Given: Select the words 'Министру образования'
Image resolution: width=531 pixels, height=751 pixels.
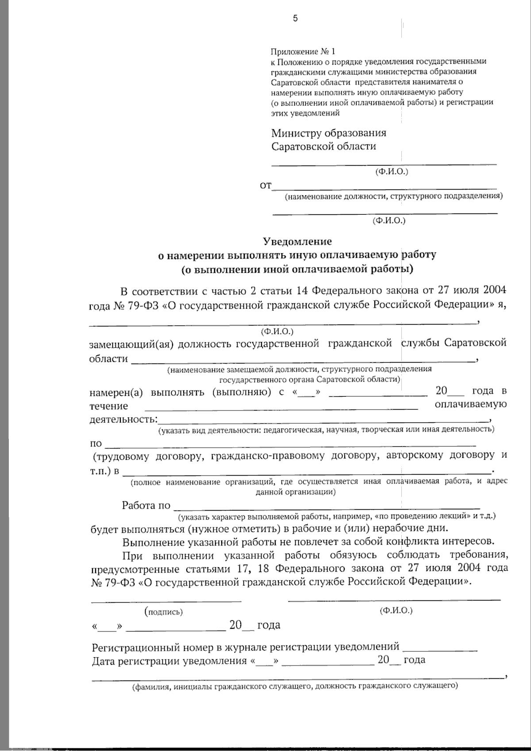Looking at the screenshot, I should coord(329,133).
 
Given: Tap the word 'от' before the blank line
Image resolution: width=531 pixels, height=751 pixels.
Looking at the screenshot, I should coord(265,186).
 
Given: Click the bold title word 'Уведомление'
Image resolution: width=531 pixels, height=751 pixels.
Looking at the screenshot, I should coord(297,241).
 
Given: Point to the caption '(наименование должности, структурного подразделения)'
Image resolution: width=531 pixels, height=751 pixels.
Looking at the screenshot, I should coord(393,196).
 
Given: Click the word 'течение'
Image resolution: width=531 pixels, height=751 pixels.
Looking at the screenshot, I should coord(108,406).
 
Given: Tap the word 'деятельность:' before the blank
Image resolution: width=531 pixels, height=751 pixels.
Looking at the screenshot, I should coord(123,418).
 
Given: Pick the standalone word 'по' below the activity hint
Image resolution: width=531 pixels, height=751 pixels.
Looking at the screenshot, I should coord(96,443).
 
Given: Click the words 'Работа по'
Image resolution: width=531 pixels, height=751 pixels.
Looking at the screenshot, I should coord(146,505).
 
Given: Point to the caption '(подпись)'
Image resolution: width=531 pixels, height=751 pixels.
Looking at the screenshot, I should coord(163,612).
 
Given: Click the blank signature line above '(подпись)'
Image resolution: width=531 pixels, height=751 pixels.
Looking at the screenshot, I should coord(166,601).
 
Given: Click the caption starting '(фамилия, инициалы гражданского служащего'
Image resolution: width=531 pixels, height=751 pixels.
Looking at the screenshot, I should coord(295,686).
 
